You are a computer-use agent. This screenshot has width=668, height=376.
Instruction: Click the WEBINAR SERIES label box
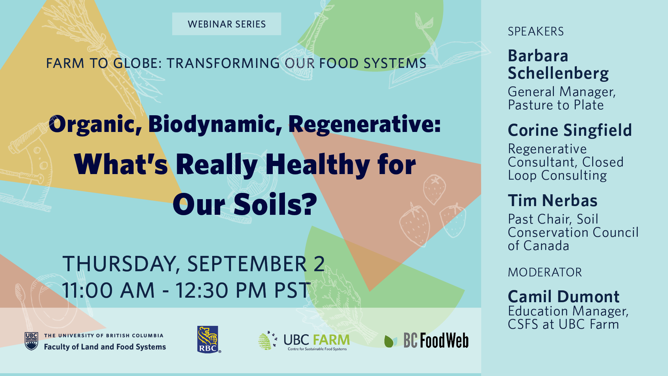click(x=226, y=24)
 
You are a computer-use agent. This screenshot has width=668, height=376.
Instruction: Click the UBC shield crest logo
click(x=31, y=341)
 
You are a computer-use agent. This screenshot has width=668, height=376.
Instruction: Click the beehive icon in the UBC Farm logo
click(x=265, y=341)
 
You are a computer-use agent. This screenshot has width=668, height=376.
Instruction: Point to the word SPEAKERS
click(x=535, y=31)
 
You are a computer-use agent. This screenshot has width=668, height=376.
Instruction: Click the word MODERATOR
click(x=545, y=272)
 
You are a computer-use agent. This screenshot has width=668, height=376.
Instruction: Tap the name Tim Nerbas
click(x=552, y=201)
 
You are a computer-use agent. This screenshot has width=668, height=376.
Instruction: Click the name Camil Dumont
click(x=564, y=297)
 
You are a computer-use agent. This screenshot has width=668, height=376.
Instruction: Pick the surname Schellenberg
click(x=558, y=73)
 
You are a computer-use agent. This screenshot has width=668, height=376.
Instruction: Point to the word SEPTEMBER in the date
click(x=247, y=264)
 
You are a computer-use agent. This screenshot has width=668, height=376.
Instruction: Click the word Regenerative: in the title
click(x=365, y=125)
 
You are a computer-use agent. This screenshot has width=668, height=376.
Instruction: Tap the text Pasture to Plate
click(x=556, y=105)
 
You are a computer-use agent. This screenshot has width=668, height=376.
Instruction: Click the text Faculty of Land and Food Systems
click(x=105, y=347)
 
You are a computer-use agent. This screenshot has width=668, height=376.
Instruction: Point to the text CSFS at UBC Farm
click(x=563, y=324)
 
